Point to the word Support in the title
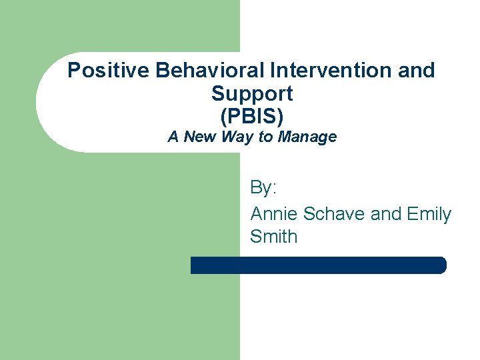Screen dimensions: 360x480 (x=251, y=93)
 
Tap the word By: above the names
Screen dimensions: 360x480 (x=263, y=188)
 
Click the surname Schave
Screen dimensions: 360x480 (x=335, y=214)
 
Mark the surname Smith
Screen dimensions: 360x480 (x=273, y=237)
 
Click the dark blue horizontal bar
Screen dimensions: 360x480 (x=318, y=265)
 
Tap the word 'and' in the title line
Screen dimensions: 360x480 (x=419, y=70)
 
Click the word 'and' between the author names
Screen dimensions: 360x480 (x=385, y=214)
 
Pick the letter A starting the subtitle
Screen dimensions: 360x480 (x=173, y=137)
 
